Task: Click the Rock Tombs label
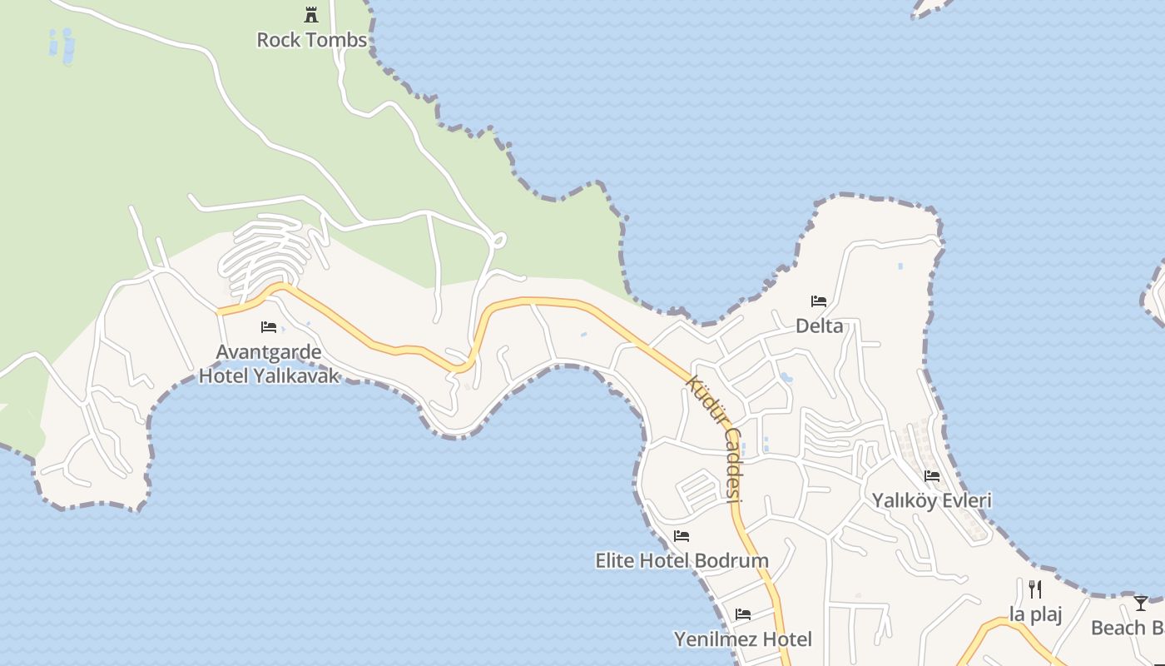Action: point(311,40)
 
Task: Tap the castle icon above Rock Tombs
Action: point(311,14)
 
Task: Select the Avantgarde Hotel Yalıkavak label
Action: point(269,364)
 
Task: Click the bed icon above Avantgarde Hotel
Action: point(268,327)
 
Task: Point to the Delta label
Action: point(819,326)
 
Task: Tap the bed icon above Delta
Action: point(819,301)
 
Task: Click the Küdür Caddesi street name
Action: point(715,438)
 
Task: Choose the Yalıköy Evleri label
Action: point(931,500)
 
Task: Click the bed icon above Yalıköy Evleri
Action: point(932,476)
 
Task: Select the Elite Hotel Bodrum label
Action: point(682,560)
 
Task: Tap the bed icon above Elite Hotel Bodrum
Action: point(682,536)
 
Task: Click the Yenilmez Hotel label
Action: point(742,639)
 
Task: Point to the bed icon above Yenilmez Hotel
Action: point(743,614)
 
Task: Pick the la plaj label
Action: point(1035,614)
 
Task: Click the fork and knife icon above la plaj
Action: point(1035,589)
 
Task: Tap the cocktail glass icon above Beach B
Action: point(1141,604)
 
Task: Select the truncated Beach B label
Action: point(1128,628)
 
